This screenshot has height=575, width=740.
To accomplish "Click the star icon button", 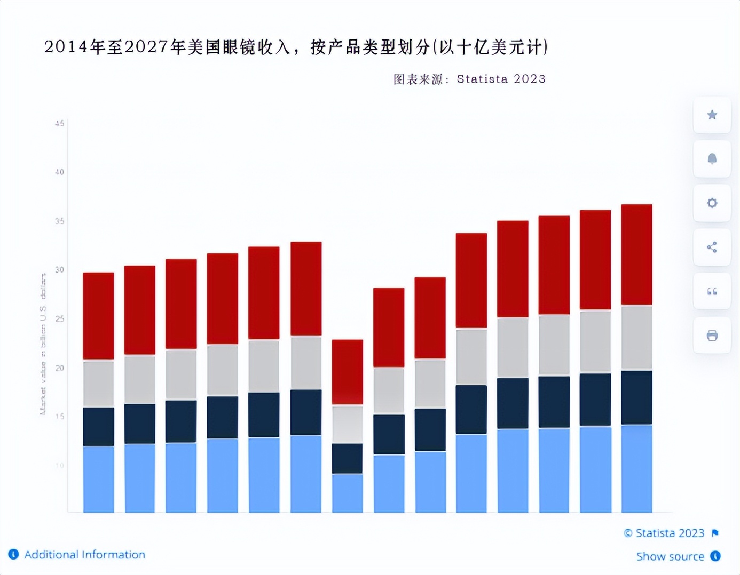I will pyautogui.click(x=712, y=115).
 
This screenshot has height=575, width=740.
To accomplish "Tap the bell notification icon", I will pyautogui.click(x=712, y=159).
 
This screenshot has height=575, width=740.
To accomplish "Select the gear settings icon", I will pyautogui.click(x=712, y=203).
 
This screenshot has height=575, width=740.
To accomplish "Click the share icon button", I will pyautogui.click(x=712, y=247).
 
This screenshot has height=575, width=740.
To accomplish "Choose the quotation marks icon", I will pyautogui.click(x=712, y=291).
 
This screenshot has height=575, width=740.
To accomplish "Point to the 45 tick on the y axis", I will pyautogui.click(x=59, y=123).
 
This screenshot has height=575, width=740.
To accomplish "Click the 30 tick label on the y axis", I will pyautogui.click(x=59, y=270).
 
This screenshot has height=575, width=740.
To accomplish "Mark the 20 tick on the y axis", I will pyautogui.click(x=59, y=368).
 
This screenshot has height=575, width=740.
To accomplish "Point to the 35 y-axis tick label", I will pyautogui.click(x=59, y=221).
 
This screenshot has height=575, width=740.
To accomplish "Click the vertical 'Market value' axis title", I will pyautogui.click(x=43, y=344).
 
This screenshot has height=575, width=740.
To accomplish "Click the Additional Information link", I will pyautogui.click(x=84, y=555).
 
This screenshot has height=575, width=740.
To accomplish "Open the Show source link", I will pyautogui.click(x=670, y=556).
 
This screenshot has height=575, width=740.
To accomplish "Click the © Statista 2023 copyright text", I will pyautogui.click(x=664, y=533).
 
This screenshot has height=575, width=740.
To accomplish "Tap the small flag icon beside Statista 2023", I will pyautogui.click(x=715, y=533).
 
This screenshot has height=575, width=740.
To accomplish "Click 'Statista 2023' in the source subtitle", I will pyautogui.click(x=501, y=79).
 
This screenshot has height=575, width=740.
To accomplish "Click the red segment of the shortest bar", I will pyautogui.click(x=348, y=371).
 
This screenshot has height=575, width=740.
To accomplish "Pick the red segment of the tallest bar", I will pyautogui.click(x=636, y=254).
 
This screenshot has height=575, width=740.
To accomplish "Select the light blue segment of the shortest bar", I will pyautogui.click(x=348, y=493).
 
